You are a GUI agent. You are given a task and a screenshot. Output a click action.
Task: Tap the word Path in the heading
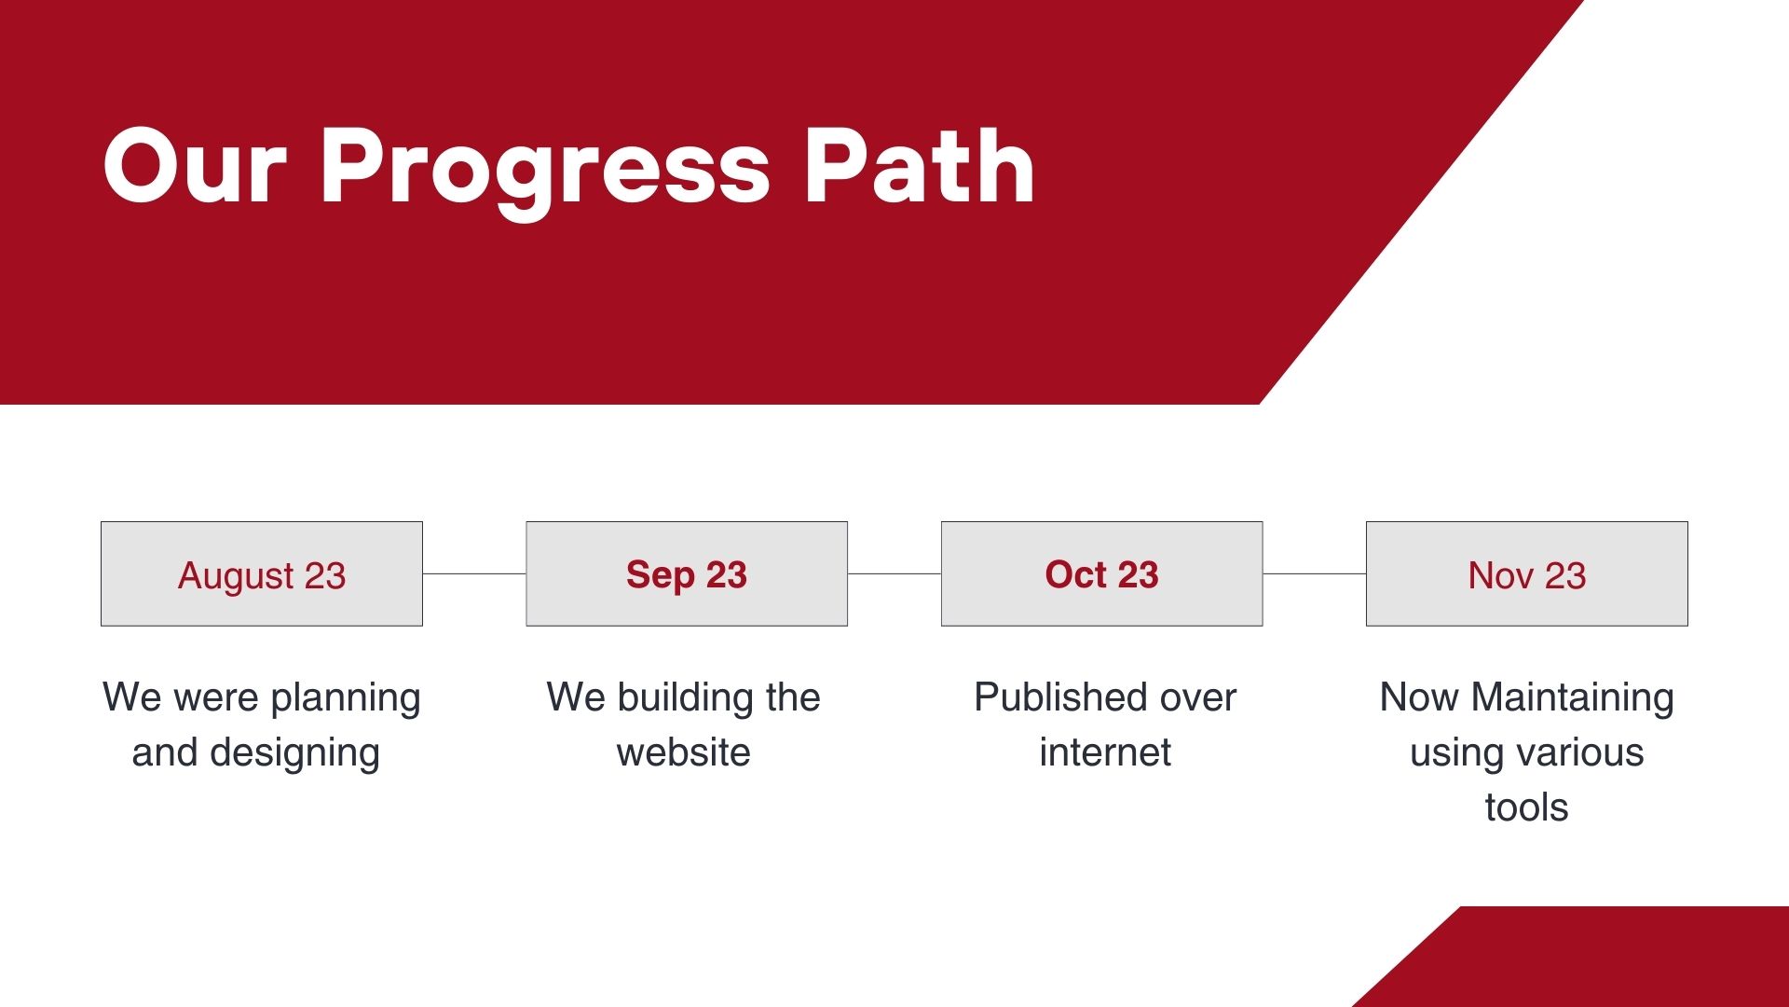(920, 165)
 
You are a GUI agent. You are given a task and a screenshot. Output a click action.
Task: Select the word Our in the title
(196, 166)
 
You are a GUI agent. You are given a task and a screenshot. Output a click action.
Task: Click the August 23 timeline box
(262, 573)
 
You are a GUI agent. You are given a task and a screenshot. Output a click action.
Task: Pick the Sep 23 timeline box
(687, 573)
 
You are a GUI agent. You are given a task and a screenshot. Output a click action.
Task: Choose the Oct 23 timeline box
(1102, 573)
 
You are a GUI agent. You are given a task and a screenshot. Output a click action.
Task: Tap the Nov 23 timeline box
(1527, 573)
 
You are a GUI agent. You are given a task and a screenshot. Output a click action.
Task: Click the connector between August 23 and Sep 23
(474, 573)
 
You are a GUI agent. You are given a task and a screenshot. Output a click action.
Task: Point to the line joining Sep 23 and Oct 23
(894, 573)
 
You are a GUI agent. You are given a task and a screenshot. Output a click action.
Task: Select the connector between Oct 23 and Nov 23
(1315, 573)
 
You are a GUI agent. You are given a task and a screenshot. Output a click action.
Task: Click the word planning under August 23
(346, 699)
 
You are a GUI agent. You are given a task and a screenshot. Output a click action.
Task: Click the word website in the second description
(683, 752)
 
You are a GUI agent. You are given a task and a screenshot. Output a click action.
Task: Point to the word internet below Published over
(1105, 752)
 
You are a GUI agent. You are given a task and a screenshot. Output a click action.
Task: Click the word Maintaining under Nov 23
(1573, 699)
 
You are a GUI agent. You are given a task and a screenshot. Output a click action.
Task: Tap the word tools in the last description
(1527, 807)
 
